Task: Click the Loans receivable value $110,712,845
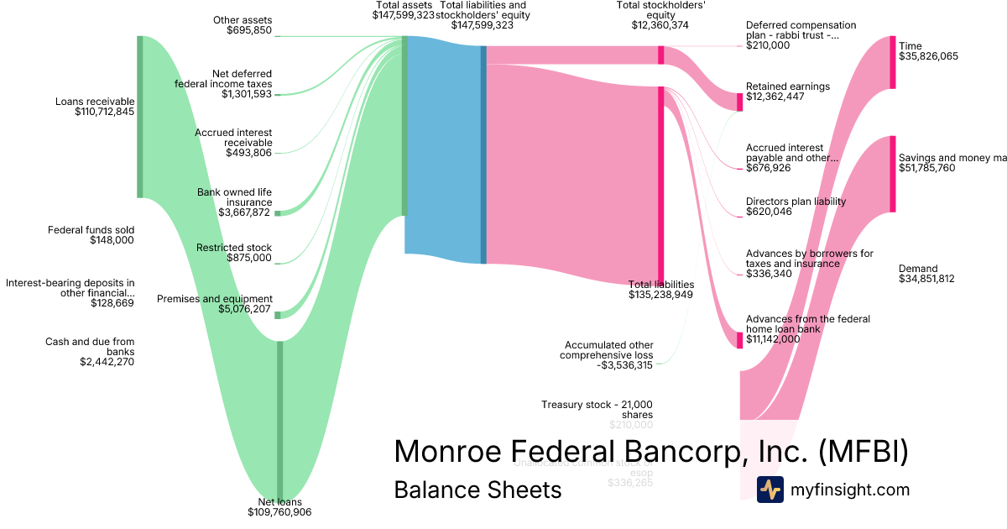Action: coord(104,112)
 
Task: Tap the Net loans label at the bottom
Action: coord(279,501)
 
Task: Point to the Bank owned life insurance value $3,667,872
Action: coord(245,212)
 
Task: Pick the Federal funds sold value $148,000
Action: coord(112,240)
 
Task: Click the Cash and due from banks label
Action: coord(90,347)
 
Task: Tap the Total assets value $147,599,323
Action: coord(404,15)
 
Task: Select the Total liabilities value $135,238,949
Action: coord(661,295)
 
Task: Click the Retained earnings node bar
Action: coord(740,102)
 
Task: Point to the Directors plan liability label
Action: coord(796,202)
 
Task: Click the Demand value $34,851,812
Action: coord(926,279)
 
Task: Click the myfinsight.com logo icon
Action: coord(770,490)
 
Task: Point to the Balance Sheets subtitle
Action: coord(477,490)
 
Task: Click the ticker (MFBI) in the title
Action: coord(864,451)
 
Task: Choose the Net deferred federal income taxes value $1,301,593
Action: coord(247,94)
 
